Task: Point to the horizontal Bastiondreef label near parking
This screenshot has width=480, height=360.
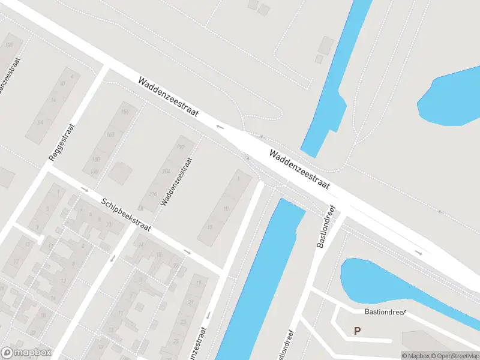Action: pyautogui.click(x=385, y=312)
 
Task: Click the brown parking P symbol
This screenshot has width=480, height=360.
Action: pyautogui.click(x=357, y=331)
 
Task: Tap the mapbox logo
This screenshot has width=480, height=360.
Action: pyautogui.click(x=26, y=352)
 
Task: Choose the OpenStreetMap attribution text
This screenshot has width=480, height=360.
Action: pyautogui.click(x=454, y=356)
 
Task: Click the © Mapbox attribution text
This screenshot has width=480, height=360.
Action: pyautogui.click(x=415, y=356)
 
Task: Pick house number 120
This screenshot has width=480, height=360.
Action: pyautogui.click(x=9, y=45)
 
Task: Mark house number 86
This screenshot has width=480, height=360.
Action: pyautogui.click(x=41, y=122)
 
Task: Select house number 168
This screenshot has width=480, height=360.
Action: pyautogui.click(x=110, y=134)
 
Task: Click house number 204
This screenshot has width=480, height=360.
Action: pyautogui.click(x=166, y=171)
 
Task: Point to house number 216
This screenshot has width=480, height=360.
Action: pyautogui.click(x=153, y=194)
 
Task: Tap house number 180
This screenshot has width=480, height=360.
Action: pyautogui.click(x=96, y=160)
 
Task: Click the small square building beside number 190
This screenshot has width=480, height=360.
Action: pyautogui.click(x=120, y=173)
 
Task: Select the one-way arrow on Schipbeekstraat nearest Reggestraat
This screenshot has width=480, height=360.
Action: pyautogui.click(x=85, y=190)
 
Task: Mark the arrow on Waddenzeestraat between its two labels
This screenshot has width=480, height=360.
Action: pyautogui.click(x=220, y=127)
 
